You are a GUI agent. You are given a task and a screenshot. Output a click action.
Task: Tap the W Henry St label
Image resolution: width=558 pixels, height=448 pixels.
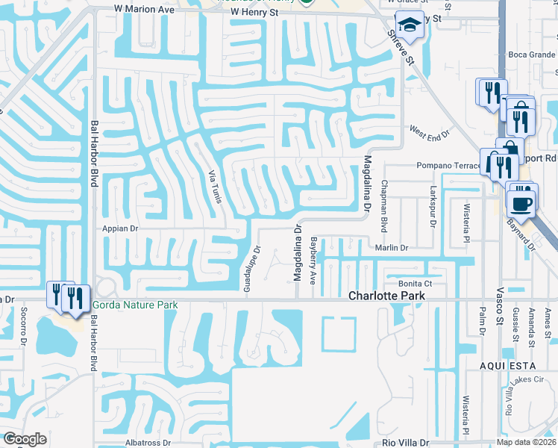coord(258,12)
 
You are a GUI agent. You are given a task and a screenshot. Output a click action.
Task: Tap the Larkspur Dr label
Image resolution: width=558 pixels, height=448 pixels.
coord(433,207)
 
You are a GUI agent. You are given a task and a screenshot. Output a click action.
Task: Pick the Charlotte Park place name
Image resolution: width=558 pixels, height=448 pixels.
coord(387,296)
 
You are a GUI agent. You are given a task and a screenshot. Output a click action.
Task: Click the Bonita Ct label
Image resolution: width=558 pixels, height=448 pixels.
coord(415,284)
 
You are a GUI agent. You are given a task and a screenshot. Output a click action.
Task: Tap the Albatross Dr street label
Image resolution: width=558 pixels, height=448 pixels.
coord(147,443)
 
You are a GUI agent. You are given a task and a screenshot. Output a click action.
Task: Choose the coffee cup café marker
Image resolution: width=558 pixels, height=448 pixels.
coord(521,202)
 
